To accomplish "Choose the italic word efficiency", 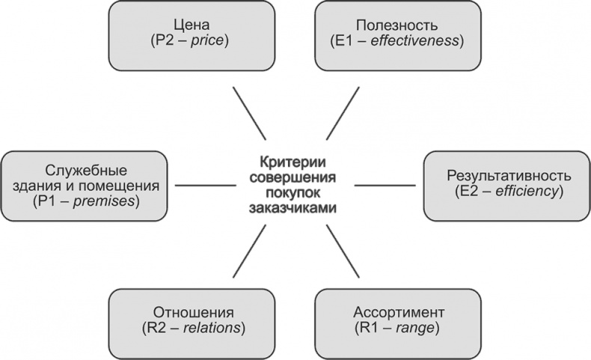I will (x=530, y=192).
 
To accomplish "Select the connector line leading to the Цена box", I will (x=248, y=112).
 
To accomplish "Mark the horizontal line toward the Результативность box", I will (x=385, y=184).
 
